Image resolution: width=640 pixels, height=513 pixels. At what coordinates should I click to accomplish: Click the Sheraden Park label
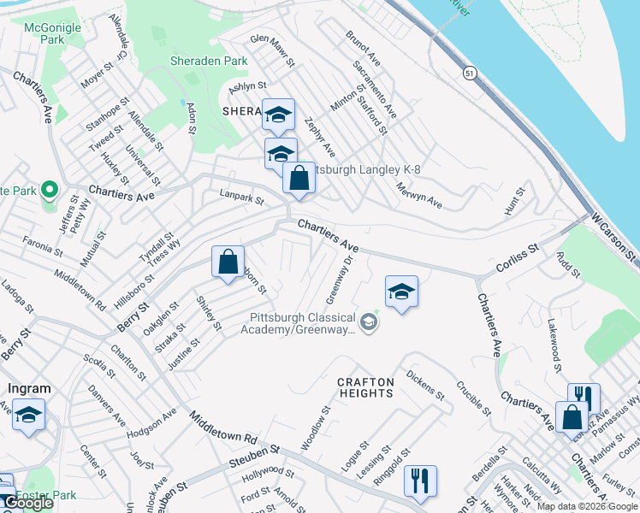[x=209, y=61]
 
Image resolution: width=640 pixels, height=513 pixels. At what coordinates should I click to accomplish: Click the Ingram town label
[x=29, y=388]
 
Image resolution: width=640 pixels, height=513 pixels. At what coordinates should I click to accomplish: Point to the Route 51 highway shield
[x=468, y=74]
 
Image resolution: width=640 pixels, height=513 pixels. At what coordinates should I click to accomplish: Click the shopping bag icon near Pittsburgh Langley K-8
[x=299, y=180]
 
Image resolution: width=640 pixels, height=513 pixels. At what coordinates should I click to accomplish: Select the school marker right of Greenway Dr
[x=401, y=292]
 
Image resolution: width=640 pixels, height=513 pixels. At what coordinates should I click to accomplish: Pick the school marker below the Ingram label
[x=29, y=416]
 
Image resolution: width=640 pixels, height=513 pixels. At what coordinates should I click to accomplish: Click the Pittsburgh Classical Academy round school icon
[x=368, y=322]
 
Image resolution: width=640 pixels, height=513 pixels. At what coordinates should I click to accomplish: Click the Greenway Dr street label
[x=339, y=279]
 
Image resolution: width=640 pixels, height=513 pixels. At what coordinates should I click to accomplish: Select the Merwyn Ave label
[x=418, y=195]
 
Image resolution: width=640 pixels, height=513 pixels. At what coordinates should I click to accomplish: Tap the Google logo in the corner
[x=28, y=504]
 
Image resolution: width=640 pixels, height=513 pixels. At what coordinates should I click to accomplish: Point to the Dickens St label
[x=425, y=385]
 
